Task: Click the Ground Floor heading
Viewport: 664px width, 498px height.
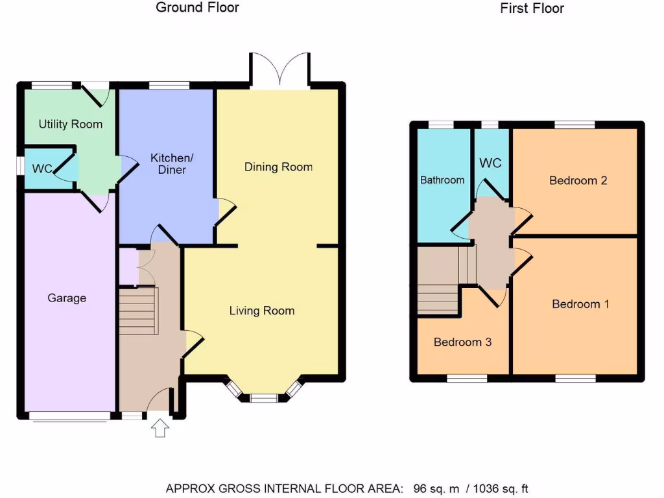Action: pyautogui.click(x=197, y=8)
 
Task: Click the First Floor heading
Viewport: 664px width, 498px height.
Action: pyautogui.click(x=532, y=8)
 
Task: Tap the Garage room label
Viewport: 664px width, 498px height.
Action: pyautogui.click(x=67, y=298)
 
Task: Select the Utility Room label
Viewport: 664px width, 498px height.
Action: pyautogui.click(x=70, y=124)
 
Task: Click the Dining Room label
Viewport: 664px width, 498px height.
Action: pyautogui.click(x=278, y=167)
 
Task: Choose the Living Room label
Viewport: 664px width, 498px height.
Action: pyautogui.click(x=262, y=311)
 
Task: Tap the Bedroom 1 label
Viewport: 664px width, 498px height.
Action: pyautogui.click(x=580, y=303)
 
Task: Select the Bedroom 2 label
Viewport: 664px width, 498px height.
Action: pyautogui.click(x=578, y=180)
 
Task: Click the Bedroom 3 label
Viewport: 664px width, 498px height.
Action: pyautogui.click(x=462, y=342)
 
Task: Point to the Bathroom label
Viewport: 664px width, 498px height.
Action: pyautogui.click(x=442, y=180)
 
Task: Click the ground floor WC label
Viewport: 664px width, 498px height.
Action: pyautogui.click(x=42, y=169)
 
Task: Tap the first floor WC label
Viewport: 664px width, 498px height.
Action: pyautogui.click(x=490, y=163)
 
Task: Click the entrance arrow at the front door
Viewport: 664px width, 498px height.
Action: pyautogui.click(x=160, y=429)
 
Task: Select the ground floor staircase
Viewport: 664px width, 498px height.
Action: pyautogui.click(x=138, y=311)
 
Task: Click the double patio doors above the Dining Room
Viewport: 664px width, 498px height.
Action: pyautogui.click(x=280, y=70)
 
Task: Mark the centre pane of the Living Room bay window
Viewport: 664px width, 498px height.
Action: pyautogui.click(x=263, y=398)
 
